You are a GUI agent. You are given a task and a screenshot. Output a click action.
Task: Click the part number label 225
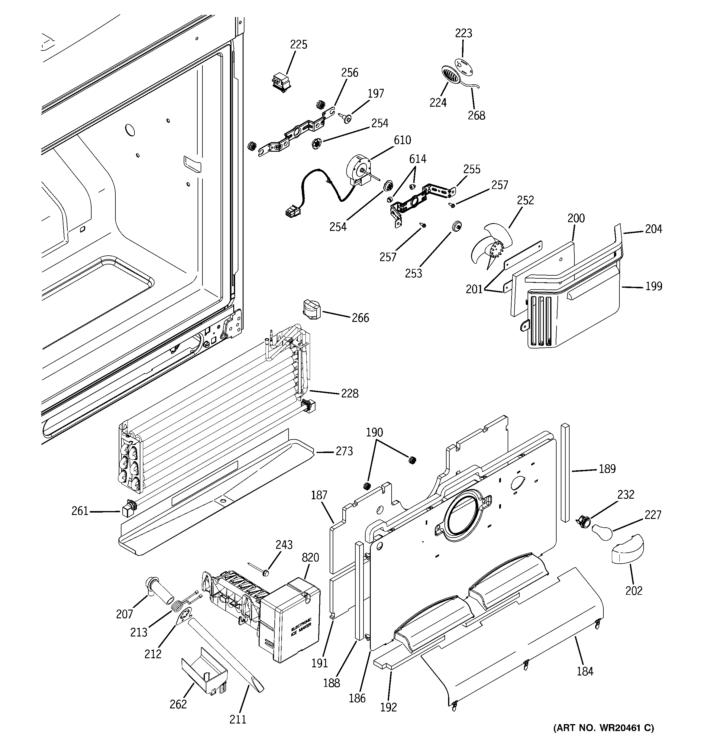(x=299, y=45)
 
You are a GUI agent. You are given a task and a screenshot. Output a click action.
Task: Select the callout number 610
(x=402, y=140)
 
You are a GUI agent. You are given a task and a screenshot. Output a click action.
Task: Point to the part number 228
(x=350, y=393)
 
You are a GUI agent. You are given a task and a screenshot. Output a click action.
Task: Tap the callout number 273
(x=344, y=451)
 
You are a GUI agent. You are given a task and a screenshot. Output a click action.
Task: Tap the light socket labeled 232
(x=583, y=522)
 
